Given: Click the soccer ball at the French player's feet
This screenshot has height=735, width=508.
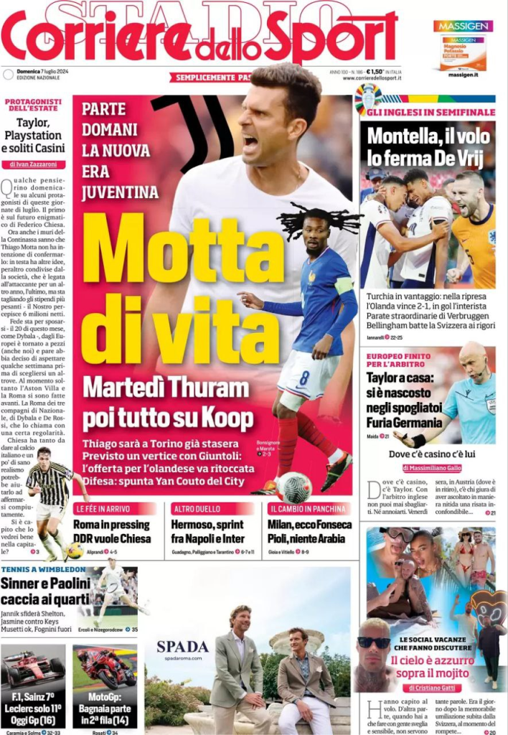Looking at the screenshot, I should click(x=295, y=487).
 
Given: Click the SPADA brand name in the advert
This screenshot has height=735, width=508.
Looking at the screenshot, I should click(x=182, y=646).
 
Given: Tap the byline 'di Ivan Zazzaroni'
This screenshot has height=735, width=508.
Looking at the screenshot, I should click(x=34, y=164).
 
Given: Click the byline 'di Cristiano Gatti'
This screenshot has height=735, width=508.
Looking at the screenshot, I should click(x=430, y=687).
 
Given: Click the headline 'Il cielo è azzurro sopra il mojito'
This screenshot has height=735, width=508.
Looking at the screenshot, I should click(x=430, y=666).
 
